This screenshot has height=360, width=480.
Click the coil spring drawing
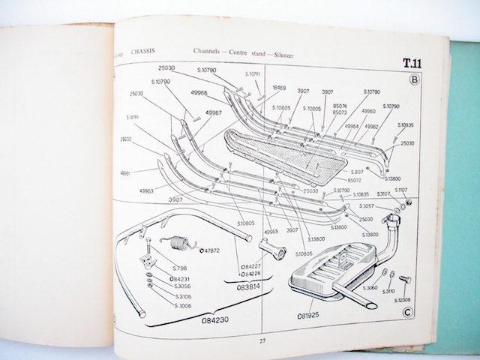(175, 242)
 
